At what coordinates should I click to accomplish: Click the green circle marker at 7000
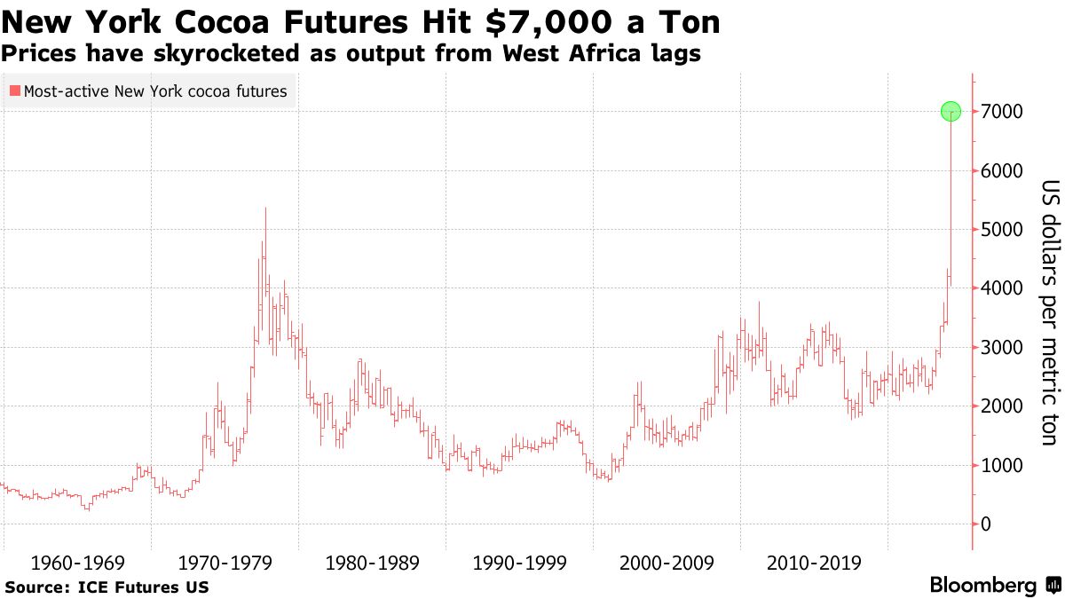pyautogui.click(x=951, y=112)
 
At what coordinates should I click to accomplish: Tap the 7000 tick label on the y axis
pyautogui.click(x=1000, y=112)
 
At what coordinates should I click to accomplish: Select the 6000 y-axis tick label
pyautogui.click(x=1000, y=170)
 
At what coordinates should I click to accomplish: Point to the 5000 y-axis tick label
pyautogui.click(x=1000, y=230)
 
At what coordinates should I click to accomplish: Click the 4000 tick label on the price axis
pyautogui.click(x=1000, y=288)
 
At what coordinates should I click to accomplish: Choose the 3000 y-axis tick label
pyautogui.click(x=1000, y=348)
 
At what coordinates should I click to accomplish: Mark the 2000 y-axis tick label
pyautogui.click(x=1000, y=406)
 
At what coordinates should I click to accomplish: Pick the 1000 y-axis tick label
pyautogui.click(x=1000, y=465)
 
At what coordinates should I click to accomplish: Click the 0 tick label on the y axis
pyautogui.click(x=984, y=524)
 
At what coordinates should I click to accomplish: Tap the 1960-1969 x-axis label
pyautogui.click(x=78, y=563)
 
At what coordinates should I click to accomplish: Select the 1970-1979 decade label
pyautogui.click(x=225, y=563)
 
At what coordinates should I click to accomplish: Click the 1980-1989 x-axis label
pyautogui.click(x=373, y=563)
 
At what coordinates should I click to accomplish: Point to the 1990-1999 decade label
pyautogui.click(x=520, y=563)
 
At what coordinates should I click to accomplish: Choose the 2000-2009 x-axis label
pyautogui.click(x=667, y=563)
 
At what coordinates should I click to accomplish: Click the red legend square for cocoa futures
pyautogui.click(x=13, y=91)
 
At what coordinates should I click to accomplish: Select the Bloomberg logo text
pyautogui.click(x=982, y=586)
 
